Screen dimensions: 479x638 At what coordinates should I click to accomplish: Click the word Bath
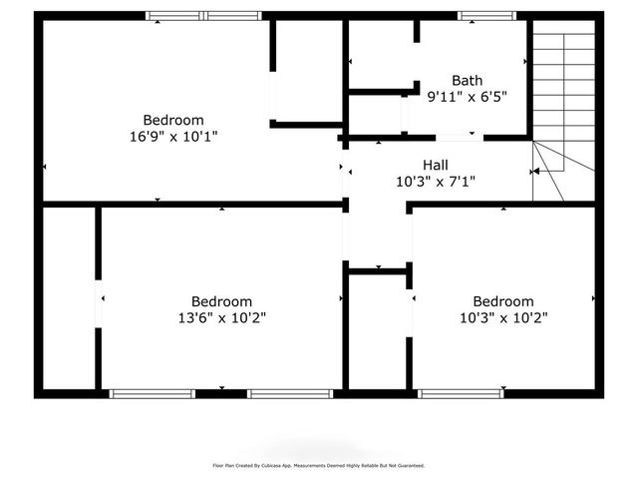(467, 80)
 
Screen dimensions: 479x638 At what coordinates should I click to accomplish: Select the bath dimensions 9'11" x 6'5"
(467, 97)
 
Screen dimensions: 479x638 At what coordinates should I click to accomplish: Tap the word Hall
(435, 165)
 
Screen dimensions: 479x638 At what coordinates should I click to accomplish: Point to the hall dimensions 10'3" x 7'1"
(435, 182)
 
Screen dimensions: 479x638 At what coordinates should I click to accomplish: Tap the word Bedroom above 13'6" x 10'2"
(221, 300)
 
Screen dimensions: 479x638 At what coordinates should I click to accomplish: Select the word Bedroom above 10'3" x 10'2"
(502, 300)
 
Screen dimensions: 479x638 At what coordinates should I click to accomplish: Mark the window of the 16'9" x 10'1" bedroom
(203, 16)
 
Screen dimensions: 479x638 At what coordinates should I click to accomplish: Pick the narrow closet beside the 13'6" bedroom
(70, 299)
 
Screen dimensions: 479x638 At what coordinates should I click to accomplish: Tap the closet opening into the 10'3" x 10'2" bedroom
(377, 329)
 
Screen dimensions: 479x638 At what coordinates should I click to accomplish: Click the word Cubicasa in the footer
(277, 465)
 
